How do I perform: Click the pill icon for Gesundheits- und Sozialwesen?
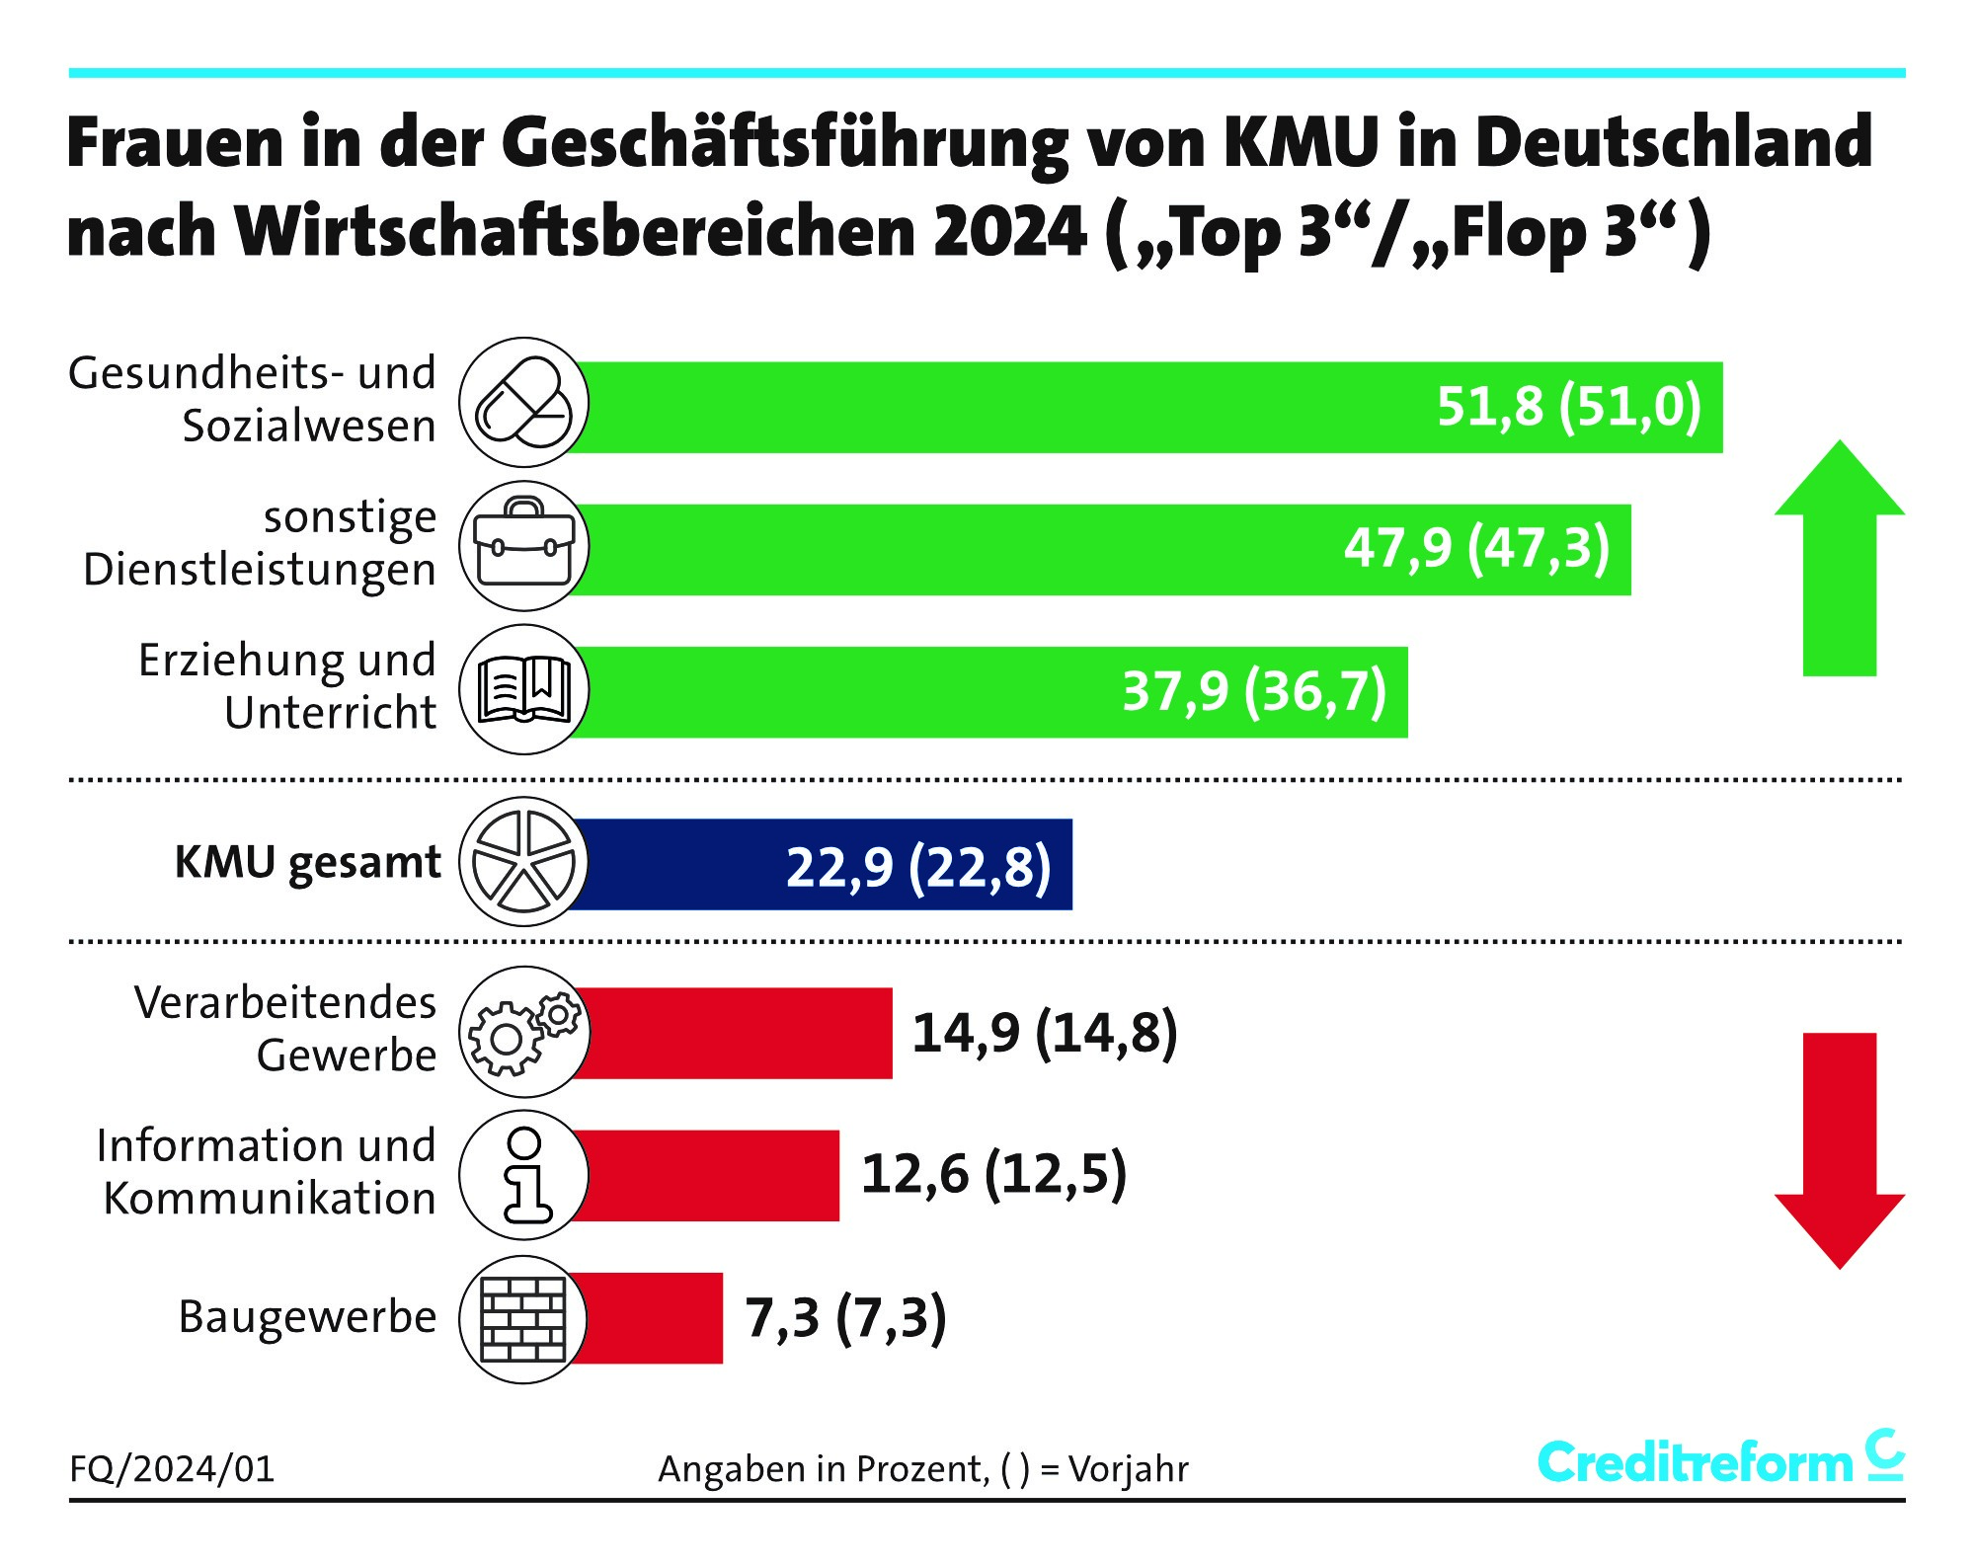[523, 403]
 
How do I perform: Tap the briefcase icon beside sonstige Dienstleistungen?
[523, 546]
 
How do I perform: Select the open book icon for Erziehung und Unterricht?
[523, 689]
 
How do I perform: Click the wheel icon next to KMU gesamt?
[523, 862]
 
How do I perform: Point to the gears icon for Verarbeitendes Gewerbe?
[523, 1032]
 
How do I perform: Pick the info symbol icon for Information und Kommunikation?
[523, 1175]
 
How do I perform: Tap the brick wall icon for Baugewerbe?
[523, 1319]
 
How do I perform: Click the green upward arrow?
[1839, 558]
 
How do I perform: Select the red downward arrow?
[1839, 1150]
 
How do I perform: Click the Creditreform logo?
[1719, 1460]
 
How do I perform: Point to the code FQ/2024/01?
[172, 1470]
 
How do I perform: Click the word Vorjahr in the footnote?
[1128, 1470]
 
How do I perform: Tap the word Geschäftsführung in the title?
[785, 143]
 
